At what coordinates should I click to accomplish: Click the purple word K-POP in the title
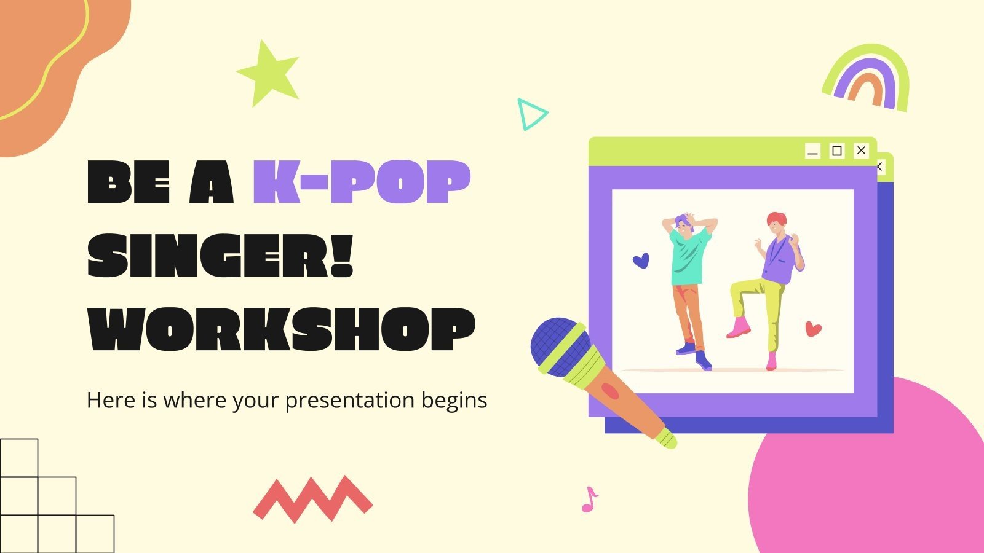[362, 182]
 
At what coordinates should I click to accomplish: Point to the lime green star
[268, 73]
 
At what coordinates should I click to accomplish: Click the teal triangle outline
[530, 114]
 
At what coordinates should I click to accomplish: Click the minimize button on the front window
[813, 151]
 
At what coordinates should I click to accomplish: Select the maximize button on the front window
[837, 151]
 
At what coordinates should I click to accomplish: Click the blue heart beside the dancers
[641, 261]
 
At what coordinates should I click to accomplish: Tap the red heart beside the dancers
[813, 329]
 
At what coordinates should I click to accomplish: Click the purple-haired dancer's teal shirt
[689, 258]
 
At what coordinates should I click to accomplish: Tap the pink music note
[589, 500]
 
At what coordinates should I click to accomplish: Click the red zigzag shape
[312, 498]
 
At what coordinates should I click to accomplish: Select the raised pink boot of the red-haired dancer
[739, 327]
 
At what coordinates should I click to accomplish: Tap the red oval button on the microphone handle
[609, 391]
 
